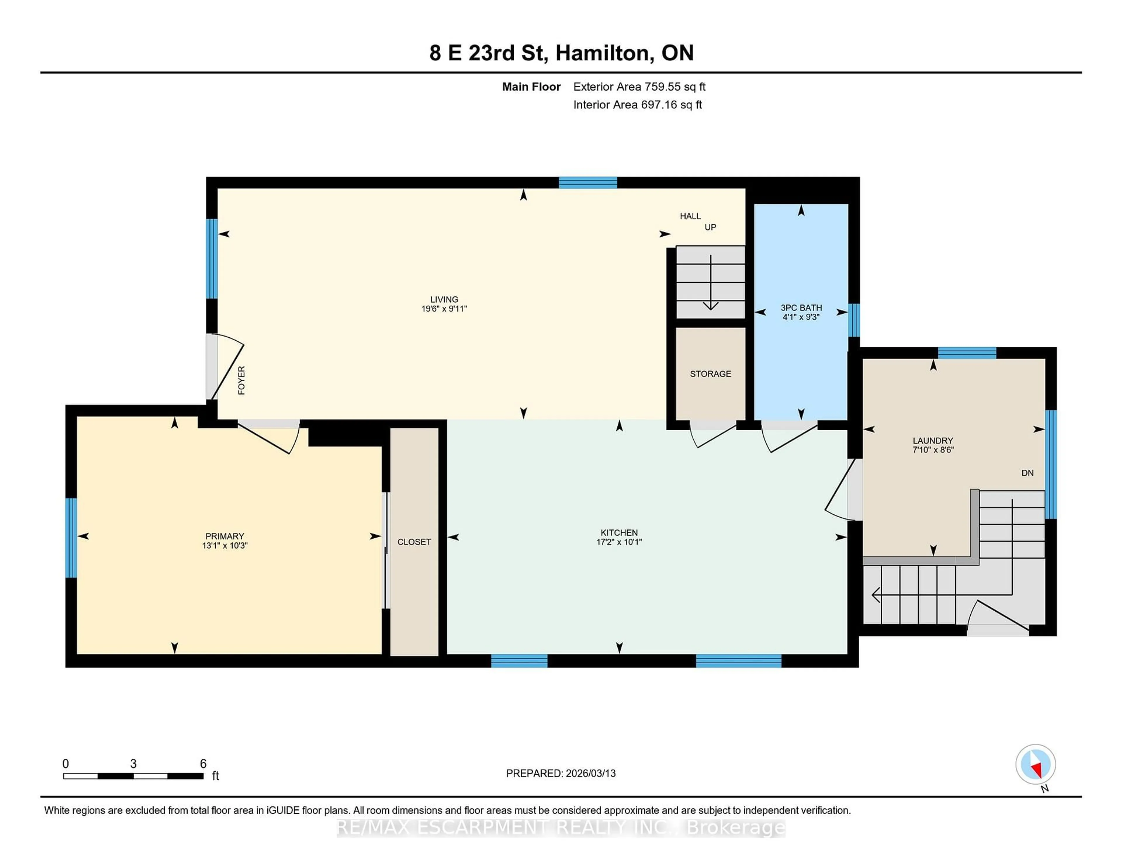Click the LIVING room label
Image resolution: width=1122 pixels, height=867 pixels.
(444, 299)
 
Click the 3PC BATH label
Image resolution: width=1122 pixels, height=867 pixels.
(801, 308)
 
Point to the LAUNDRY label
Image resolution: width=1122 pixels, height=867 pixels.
(932, 440)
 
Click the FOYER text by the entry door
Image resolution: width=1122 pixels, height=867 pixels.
(241, 380)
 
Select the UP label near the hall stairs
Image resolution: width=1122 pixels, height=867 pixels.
(710, 227)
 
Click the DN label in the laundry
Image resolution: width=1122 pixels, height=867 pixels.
(1027, 473)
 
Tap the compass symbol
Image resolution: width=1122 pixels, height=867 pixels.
(1035, 764)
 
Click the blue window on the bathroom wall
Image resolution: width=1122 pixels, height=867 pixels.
(853, 320)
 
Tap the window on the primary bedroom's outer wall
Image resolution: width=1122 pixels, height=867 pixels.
(71, 538)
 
